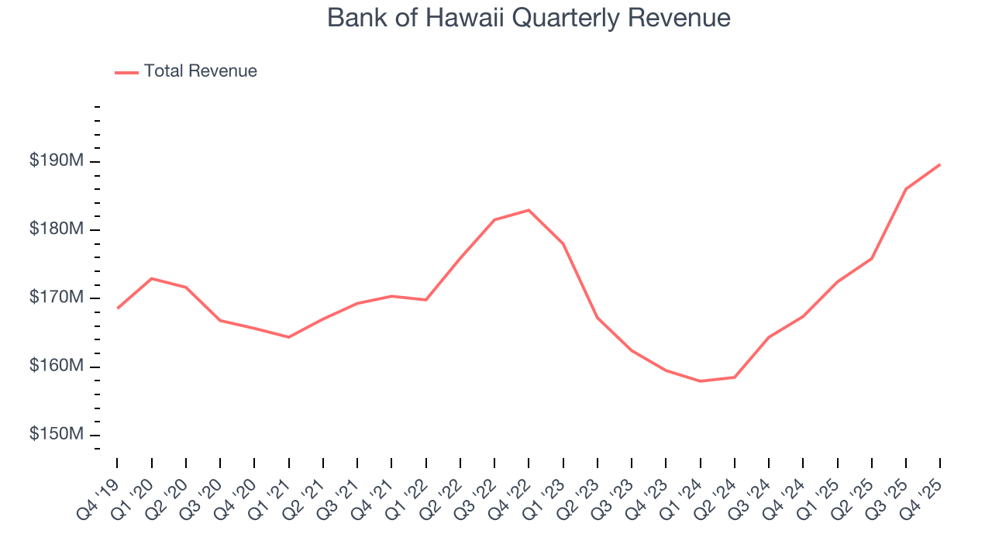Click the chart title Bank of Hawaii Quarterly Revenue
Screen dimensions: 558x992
pyautogui.click(x=529, y=18)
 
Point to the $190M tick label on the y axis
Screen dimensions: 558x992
pyautogui.click(x=57, y=161)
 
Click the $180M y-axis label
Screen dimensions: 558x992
pyautogui.click(x=57, y=229)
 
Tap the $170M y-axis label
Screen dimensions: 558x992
pyautogui.click(x=57, y=298)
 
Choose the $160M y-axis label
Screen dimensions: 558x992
pyautogui.click(x=57, y=366)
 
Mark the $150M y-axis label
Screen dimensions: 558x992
pyautogui.click(x=57, y=434)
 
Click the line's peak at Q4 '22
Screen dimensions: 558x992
pyautogui.click(x=529, y=210)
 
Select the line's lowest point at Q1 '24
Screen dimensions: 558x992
pyautogui.click(x=701, y=381)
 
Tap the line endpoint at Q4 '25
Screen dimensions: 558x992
pyautogui.click(x=940, y=164)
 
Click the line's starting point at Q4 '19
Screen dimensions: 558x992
pyautogui.click(x=117, y=308)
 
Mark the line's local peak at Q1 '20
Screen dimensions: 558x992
pyautogui.click(x=151, y=278)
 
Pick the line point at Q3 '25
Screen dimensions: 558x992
pyautogui.click(x=906, y=189)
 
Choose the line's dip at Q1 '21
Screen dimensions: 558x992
pyautogui.click(x=288, y=337)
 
